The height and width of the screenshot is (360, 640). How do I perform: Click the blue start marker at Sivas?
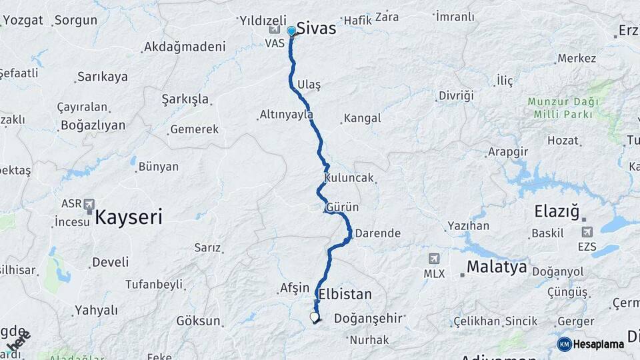tap(291, 31)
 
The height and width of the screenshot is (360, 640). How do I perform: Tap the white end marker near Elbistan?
tap(314, 317)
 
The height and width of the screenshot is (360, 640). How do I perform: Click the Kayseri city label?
tap(129, 216)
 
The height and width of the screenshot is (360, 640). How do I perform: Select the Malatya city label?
tap(497, 267)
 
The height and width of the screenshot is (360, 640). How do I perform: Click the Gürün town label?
tap(342, 207)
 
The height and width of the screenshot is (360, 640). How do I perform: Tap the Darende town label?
tap(377, 233)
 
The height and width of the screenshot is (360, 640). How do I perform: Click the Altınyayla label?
tap(286, 115)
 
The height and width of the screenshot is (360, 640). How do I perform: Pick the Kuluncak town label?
tap(349, 178)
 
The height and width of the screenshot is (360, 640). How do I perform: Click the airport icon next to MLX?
tap(435, 259)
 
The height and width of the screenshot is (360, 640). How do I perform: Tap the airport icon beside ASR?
tap(89, 204)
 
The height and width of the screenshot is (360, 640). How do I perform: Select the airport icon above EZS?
tap(587, 232)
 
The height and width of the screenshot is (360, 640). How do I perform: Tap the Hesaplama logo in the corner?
tap(591, 344)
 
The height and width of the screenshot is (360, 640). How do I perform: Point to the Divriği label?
tap(456, 95)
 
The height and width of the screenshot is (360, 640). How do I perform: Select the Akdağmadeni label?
tap(185, 47)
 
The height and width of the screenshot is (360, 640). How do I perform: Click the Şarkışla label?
tap(185, 99)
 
